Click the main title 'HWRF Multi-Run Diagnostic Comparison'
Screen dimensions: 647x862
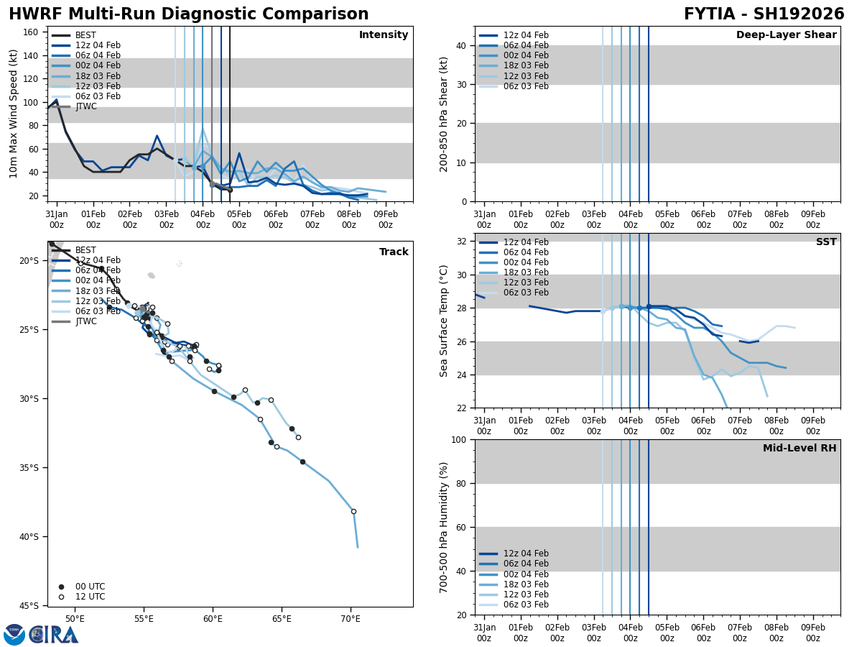click(x=188, y=14)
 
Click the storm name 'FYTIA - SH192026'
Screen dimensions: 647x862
click(x=764, y=14)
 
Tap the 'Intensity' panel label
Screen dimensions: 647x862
click(x=383, y=35)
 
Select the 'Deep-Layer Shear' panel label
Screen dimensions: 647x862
click(x=786, y=35)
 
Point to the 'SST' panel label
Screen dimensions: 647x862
click(x=825, y=242)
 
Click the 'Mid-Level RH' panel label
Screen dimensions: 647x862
click(x=799, y=449)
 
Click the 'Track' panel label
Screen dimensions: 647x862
click(x=394, y=252)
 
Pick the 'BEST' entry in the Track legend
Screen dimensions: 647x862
click(x=85, y=250)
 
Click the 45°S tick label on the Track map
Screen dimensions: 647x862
click(x=30, y=605)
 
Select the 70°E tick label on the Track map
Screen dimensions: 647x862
click(x=350, y=619)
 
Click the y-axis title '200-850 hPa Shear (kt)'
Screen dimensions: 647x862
click(x=445, y=114)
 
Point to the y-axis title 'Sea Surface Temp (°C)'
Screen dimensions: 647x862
click(x=445, y=321)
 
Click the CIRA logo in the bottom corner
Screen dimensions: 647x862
click(x=41, y=635)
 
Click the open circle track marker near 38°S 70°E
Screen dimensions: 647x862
click(x=353, y=511)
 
